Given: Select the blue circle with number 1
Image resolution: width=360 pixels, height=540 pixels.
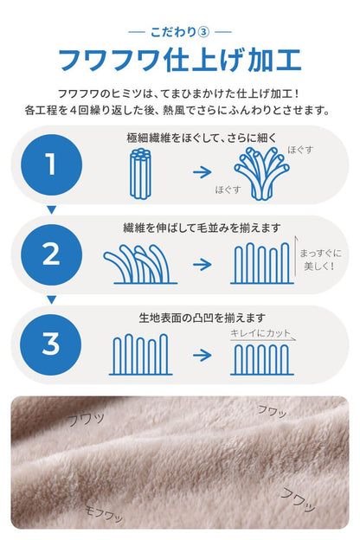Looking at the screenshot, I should click(51, 163).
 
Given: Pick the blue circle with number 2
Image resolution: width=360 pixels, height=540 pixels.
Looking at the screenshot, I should click(51, 253).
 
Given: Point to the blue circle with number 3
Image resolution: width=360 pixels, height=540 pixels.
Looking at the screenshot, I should click(51, 343).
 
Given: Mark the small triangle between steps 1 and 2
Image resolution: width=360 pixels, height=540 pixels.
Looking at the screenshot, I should click(51, 209).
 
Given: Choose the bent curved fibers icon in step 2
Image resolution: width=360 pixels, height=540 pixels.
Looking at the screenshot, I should click(140, 264).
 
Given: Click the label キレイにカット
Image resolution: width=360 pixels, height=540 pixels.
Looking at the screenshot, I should click(261, 332).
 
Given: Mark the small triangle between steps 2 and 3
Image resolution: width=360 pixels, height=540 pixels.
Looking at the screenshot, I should click(51, 299).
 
